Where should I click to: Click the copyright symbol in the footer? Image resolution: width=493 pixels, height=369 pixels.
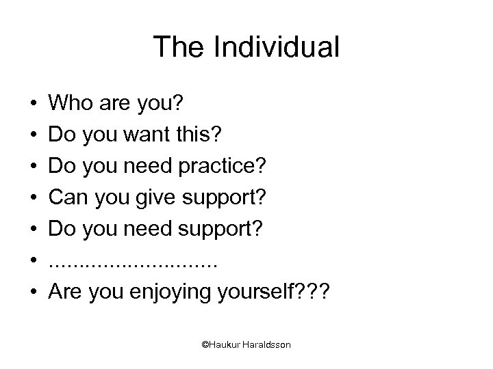click(205, 345)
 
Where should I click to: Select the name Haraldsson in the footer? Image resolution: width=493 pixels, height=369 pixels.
click(266, 345)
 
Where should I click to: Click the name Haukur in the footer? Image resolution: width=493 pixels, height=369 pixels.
click(223, 345)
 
